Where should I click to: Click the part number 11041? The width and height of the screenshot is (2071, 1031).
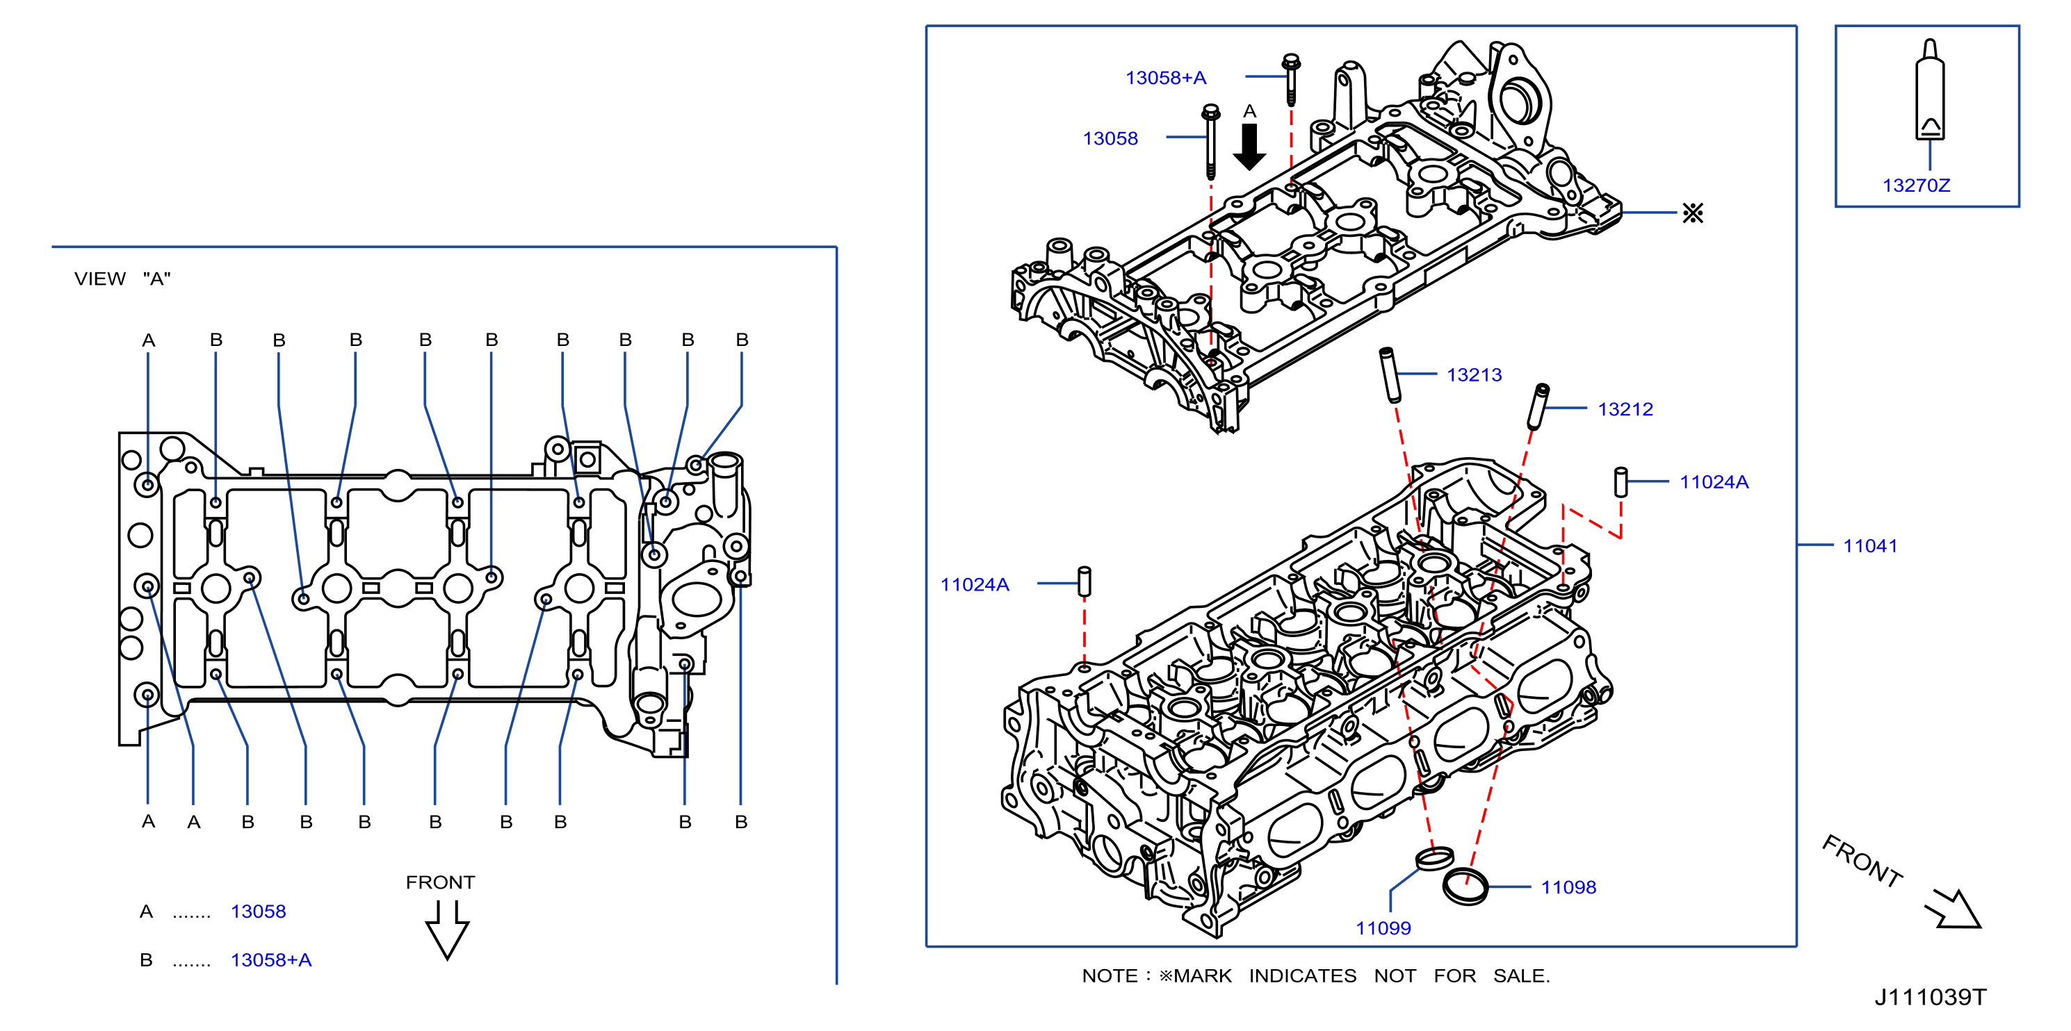(1870, 547)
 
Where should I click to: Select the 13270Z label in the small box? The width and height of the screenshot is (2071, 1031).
(1916, 185)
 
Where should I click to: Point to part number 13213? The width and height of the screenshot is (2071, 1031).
(1474, 375)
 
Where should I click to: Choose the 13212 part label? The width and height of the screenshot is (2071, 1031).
(1625, 410)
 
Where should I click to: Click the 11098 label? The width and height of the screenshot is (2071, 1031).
(1568, 888)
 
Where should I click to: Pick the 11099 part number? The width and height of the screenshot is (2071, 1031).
(1383, 929)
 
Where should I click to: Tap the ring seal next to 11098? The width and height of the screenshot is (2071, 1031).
(1465, 887)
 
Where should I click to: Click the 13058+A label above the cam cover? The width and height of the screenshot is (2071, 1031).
(1166, 78)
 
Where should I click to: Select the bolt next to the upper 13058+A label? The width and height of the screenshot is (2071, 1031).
(1291, 80)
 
